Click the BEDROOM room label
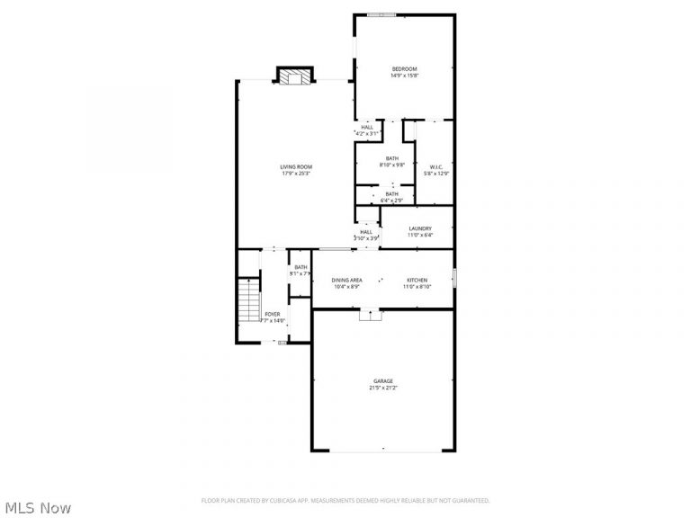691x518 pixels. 404,69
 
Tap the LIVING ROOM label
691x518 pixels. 296,166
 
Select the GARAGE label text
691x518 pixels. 383,381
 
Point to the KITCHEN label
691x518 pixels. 416,281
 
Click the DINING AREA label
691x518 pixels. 346,281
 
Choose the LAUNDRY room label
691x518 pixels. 420,229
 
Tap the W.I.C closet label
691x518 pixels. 435,166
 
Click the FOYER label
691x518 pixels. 272,314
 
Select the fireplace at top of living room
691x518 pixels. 293,77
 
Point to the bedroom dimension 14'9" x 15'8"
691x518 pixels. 404,76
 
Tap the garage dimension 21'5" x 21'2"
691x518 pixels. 383,388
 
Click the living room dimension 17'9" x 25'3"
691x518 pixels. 296,173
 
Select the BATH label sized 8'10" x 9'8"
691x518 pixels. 392,159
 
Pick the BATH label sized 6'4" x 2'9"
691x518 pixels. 392,193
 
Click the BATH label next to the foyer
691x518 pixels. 300,266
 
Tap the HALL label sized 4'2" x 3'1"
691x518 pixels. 367,127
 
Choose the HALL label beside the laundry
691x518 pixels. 367,231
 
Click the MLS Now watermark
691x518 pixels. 36,508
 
